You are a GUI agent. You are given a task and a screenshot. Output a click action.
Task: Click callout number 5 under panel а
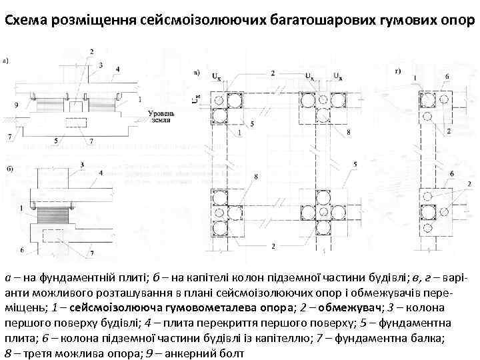coord(56,140)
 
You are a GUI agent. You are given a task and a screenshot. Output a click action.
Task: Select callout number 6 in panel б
coord(22,250)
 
